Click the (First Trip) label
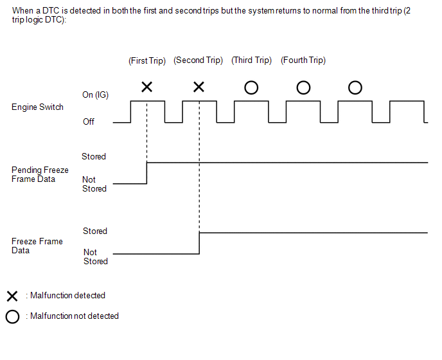[x=147, y=61]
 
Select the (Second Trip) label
[x=198, y=60]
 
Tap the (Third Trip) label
[x=251, y=60]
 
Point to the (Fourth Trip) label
[x=303, y=60]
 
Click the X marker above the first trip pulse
[x=146, y=87]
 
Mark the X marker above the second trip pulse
[x=199, y=87]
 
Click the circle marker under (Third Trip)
[x=251, y=87]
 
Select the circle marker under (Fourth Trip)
[x=303, y=87]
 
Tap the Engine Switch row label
[x=37, y=107]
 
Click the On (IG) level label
[x=95, y=95]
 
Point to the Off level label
[x=89, y=122]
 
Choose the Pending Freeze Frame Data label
[x=40, y=175]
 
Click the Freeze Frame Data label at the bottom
[x=37, y=246]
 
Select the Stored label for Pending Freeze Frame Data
[x=94, y=156]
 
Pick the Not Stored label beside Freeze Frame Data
[x=96, y=256]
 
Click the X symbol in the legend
[x=12, y=296]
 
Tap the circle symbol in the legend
[x=12, y=316]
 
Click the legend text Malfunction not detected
[x=75, y=316]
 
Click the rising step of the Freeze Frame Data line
[x=199, y=243]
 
